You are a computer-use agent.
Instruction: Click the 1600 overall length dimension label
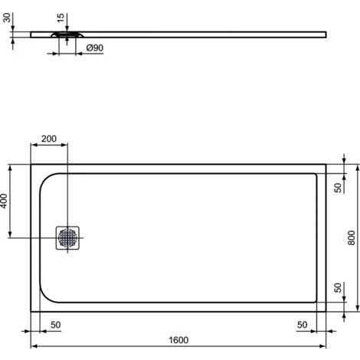178,340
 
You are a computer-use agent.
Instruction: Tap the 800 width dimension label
352,237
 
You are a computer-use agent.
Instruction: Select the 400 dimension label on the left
4,201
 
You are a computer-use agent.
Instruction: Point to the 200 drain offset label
49,139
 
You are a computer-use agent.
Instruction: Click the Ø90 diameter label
95,47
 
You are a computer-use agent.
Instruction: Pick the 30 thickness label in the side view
7,18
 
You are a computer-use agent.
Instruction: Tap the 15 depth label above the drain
61,18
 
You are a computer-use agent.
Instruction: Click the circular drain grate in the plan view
67,237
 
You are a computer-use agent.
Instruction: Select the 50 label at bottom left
56,325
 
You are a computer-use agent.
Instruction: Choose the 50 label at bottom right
302,325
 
